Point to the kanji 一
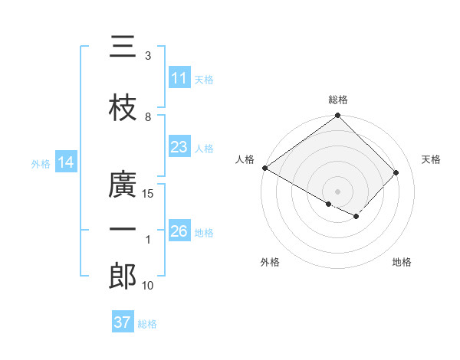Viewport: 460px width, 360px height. point(123,230)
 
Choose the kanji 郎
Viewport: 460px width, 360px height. point(123,277)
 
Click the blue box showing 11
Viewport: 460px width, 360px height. point(179,78)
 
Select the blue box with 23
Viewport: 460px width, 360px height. point(179,147)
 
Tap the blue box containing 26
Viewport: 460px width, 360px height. point(179,231)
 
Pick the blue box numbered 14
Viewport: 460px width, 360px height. point(65,162)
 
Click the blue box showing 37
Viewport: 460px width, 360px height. point(122,322)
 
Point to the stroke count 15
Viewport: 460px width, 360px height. point(148,194)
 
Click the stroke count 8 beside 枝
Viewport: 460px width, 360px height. point(148,117)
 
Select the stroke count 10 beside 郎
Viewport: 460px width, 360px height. point(148,286)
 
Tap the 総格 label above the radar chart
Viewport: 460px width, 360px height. point(338,100)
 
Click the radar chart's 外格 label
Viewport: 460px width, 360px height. point(270,262)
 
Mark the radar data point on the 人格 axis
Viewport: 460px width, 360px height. point(264,168)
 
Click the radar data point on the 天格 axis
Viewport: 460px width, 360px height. point(396,172)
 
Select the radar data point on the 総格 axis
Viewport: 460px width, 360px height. point(338,116)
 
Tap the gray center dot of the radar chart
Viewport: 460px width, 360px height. point(338,191)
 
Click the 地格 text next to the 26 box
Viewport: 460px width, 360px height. point(205,232)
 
